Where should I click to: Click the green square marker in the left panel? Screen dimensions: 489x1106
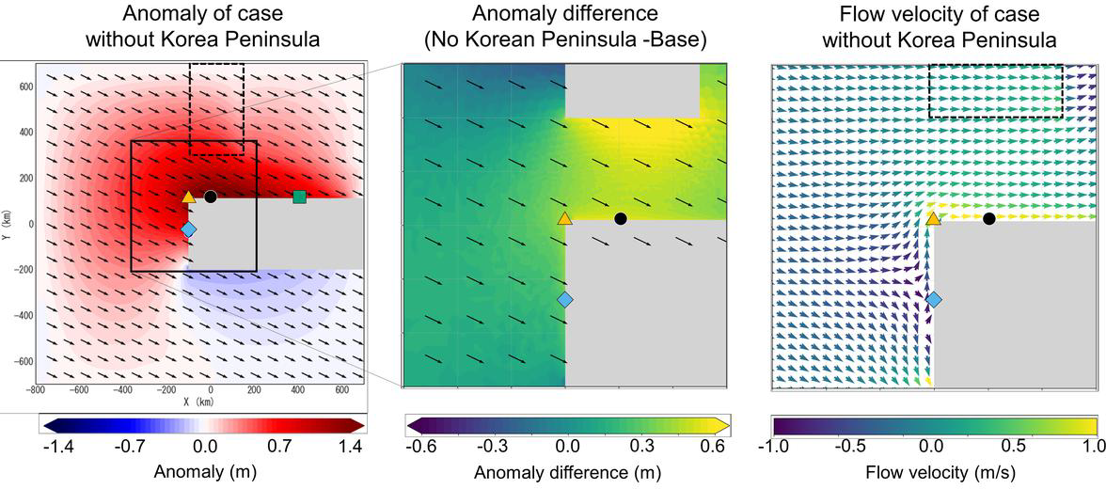pyautogui.click(x=299, y=197)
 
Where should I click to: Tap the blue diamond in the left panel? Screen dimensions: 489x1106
pyautogui.click(x=188, y=229)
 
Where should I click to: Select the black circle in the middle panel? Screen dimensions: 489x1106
pyautogui.click(x=620, y=218)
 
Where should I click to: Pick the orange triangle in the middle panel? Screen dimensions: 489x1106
pyautogui.click(x=564, y=218)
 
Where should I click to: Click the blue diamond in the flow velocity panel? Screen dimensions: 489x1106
pyautogui.click(x=934, y=300)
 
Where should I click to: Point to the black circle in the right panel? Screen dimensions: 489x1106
pyautogui.click(x=988, y=218)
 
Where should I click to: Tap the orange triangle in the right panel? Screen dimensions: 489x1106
pyautogui.click(x=933, y=218)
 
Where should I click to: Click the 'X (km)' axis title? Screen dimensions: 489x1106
pyautogui.click(x=199, y=402)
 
